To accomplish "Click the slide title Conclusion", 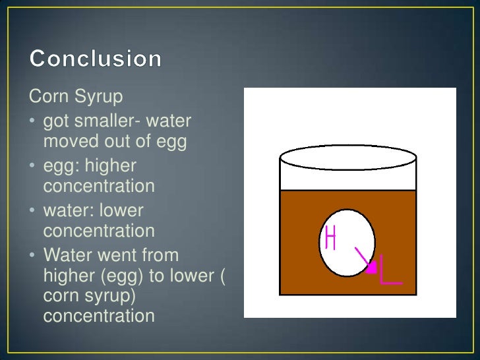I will pyautogui.click(x=96, y=59).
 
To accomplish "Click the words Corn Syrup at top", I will pyautogui.click(x=76, y=98).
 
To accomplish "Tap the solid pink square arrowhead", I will pyautogui.click(x=371, y=267).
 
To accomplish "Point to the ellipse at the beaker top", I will pyautogui.click(x=348, y=159).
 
